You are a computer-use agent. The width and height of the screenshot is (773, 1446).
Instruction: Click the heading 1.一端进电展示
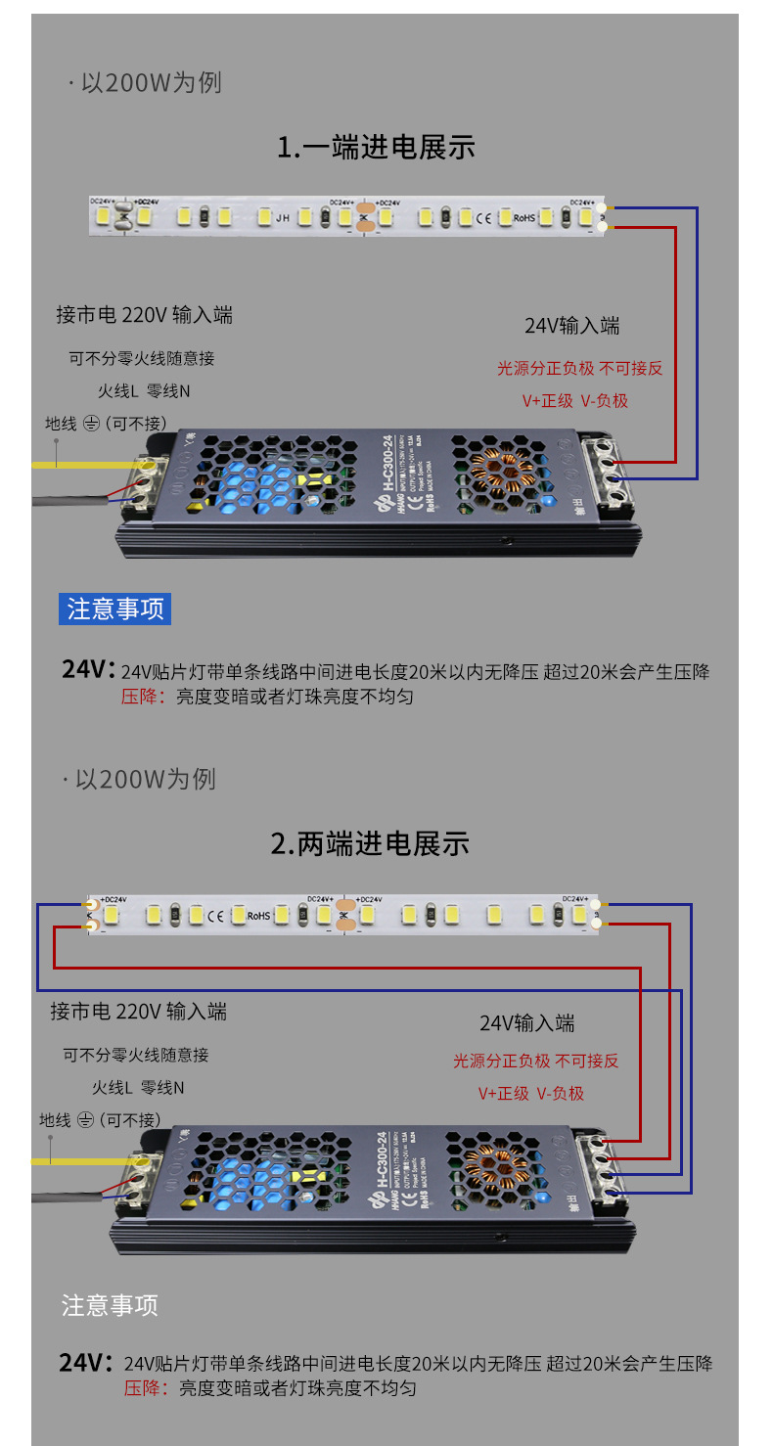(x=376, y=148)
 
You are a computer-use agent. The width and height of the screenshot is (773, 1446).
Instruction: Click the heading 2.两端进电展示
(x=370, y=843)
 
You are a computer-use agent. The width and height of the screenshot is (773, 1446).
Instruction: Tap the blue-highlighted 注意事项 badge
(x=114, y=609)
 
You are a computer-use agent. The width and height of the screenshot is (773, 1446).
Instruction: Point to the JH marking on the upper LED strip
(x=282, y=217)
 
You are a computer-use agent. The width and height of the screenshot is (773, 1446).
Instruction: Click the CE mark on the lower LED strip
(x=215, y=916)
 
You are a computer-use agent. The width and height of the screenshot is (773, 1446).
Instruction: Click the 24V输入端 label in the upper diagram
(x=571, y=326)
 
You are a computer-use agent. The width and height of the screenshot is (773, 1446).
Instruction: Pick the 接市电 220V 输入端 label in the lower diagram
(x=138, y=1011)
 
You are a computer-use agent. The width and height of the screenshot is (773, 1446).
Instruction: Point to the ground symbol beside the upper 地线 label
(x=92, y=424)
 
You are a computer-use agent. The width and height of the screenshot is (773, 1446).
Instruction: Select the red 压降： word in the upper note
(x=145, y=697)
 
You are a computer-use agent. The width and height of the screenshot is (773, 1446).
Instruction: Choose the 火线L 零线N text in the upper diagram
(x=143, y=391)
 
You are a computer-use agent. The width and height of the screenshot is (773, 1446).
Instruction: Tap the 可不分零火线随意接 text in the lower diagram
(x=136, y=1055)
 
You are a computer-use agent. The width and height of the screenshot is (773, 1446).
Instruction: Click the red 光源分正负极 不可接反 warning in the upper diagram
(x=579, y=368)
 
